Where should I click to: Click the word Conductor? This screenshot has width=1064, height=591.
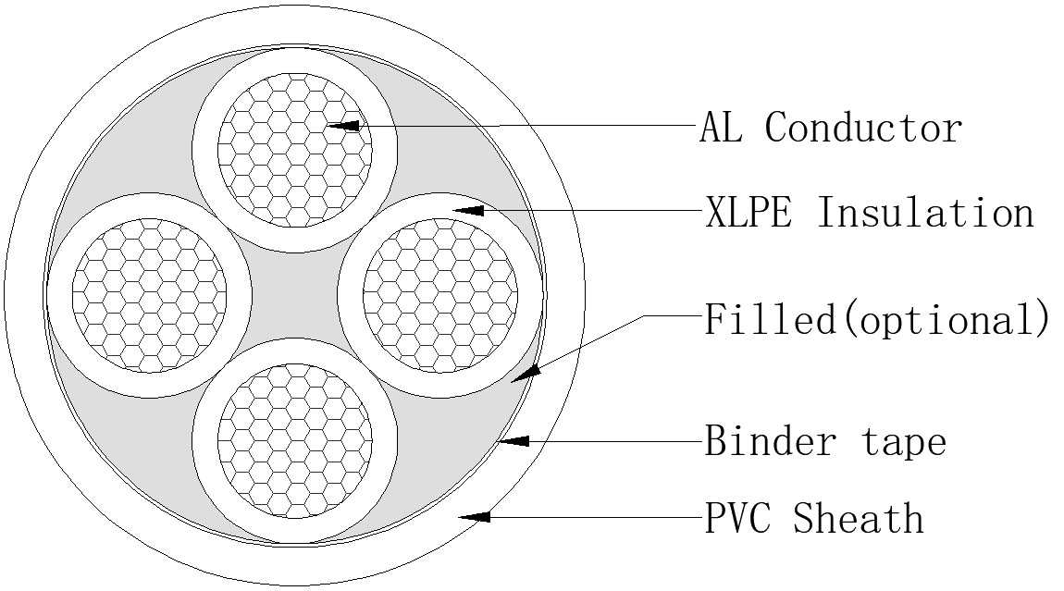(x=863, y=127)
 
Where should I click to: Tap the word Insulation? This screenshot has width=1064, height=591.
(x=924, y=213)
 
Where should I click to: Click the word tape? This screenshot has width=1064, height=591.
(x=904, y=442)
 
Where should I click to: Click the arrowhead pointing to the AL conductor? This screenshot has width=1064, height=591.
(x=343, y=124)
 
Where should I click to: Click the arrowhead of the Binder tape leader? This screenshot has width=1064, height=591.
(x=513, y=443)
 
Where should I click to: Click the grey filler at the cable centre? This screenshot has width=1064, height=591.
(x=295, y=294)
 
